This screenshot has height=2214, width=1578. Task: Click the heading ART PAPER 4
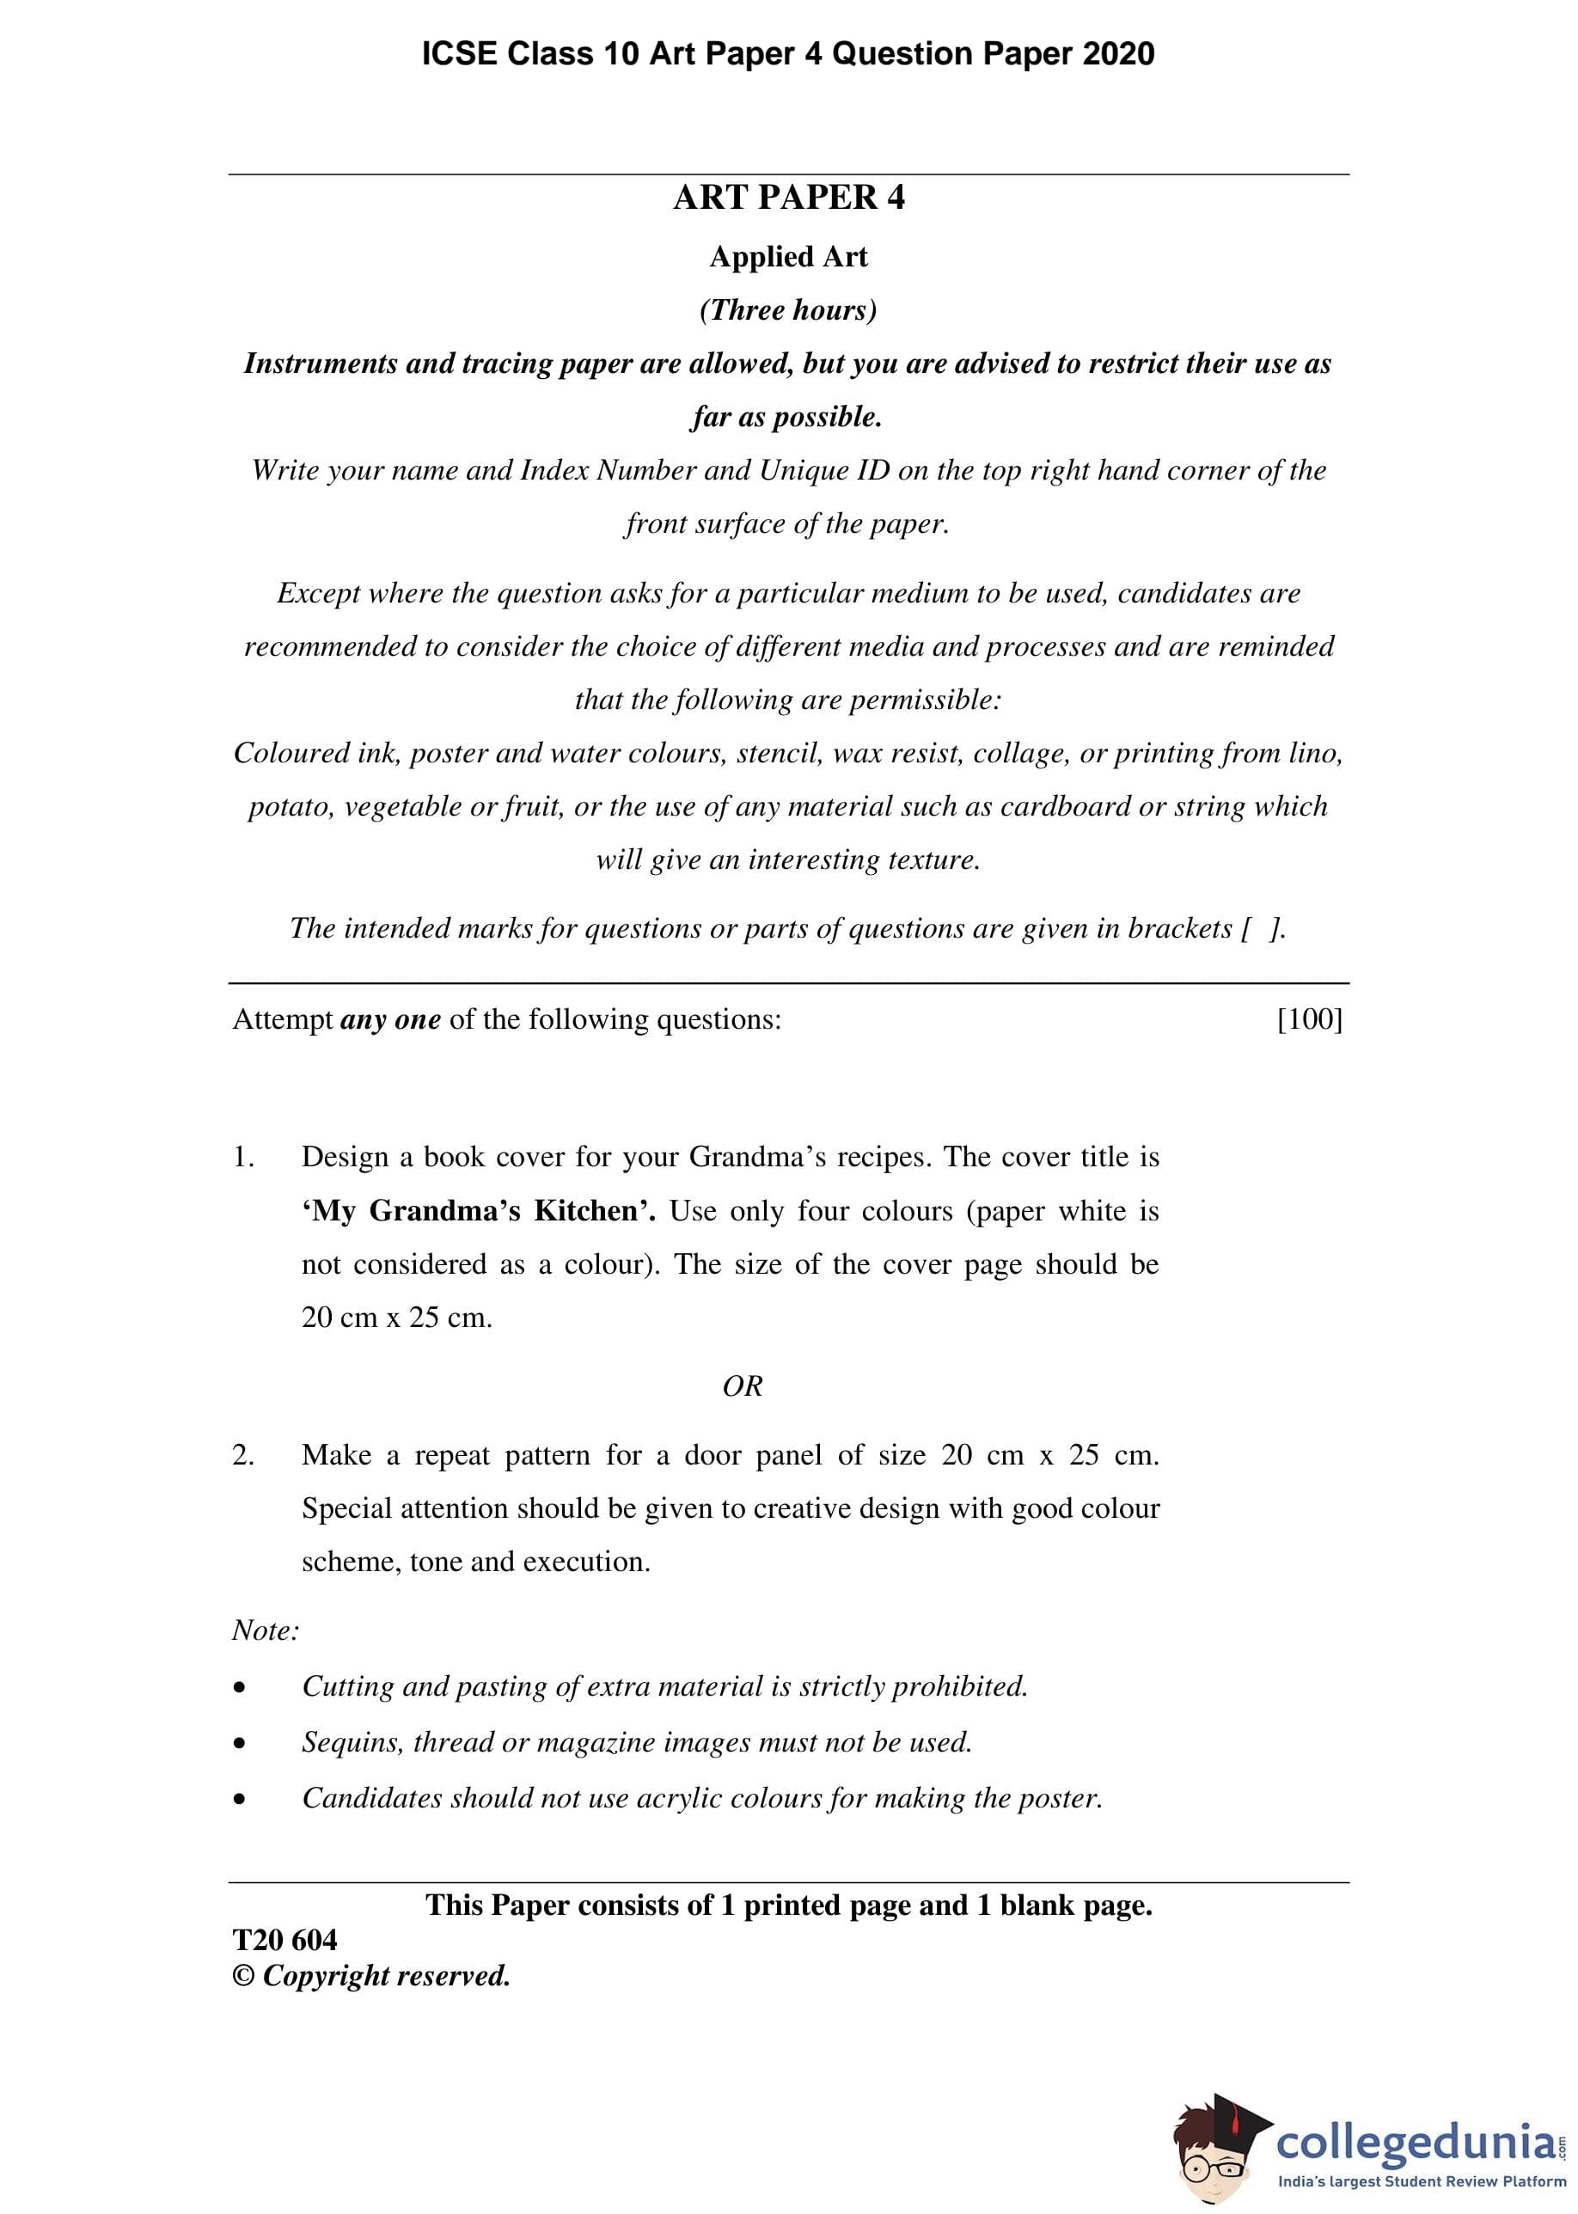pos(788,197)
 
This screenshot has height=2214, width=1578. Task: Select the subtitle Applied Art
pos(788,256)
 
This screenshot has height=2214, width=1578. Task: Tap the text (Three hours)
pos(788,310)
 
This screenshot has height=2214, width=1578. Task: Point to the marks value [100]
pos(1309,1019)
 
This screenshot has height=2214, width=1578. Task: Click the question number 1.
pos(242,1157)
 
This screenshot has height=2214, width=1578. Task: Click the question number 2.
pos(242,1455)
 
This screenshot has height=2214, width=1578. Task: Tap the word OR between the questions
pos(743,1386)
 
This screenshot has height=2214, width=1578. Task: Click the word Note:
pos(266,1630)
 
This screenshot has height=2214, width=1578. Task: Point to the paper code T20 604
pos(284,1940)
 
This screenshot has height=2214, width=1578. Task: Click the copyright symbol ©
pos(242,1976)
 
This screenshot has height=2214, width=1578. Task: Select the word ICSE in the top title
pos(459,53)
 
